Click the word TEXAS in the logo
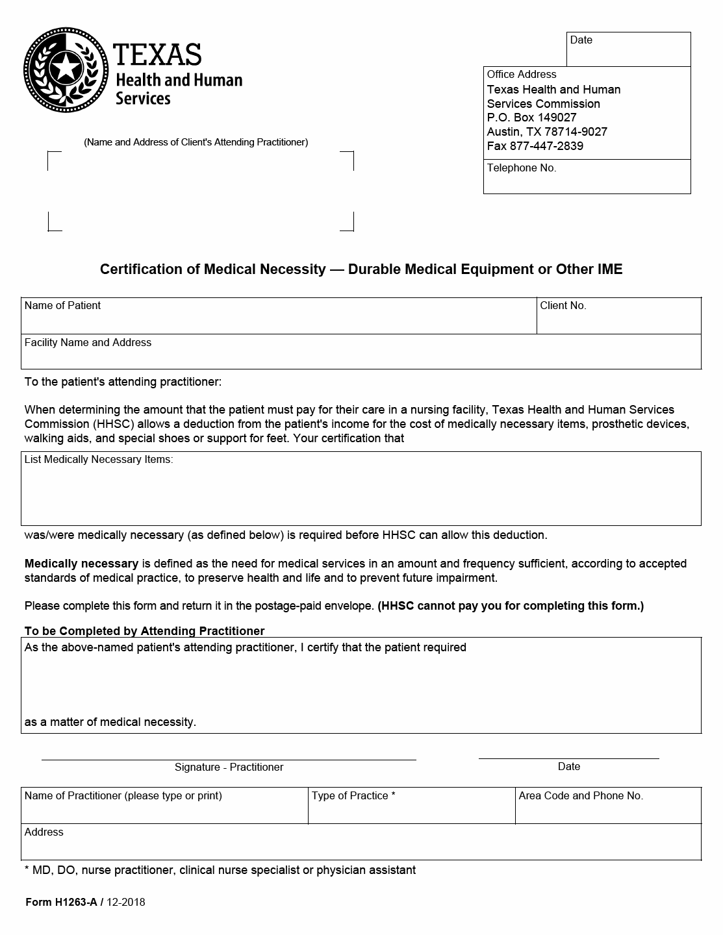point(157,55)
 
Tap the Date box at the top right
point(628,49)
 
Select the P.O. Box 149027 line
point(531,118)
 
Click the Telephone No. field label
point(522,168)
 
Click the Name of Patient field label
point(62,306)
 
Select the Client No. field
point(618,316)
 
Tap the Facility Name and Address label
point(88,343)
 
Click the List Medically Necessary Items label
point(99,460)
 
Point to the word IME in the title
point(609,269)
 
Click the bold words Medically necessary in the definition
point(81,564)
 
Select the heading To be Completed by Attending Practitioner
point(144,631)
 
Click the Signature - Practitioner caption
point(229,767)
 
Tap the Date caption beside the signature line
point(568,767)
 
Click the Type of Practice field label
point(353,796)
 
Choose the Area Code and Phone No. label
point(581,796)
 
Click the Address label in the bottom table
point(44,832)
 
